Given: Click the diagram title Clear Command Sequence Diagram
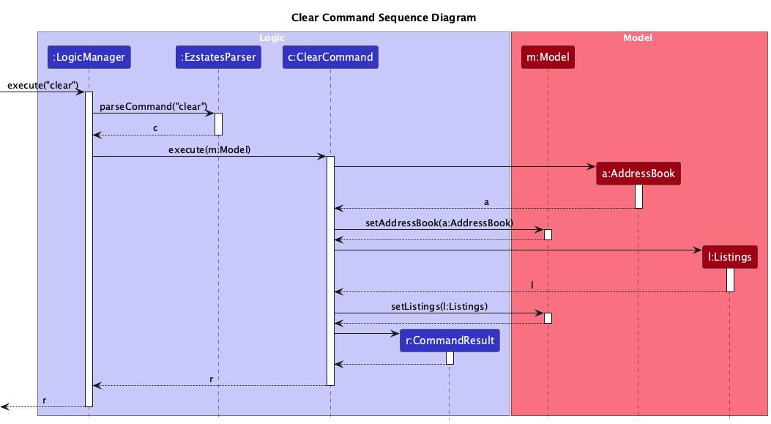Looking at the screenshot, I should tap(383, 18).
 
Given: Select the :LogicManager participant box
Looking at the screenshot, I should tap(89, 57).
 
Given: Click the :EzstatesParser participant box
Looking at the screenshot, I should tap(218, 57).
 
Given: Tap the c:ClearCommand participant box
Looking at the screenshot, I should tap(330, 57).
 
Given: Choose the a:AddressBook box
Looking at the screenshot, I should tap(638, 174).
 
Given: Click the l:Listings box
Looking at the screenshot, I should tap(729, 257).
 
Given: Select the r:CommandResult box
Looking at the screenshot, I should tap(449, 341).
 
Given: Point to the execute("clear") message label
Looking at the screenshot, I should tap(42, 85).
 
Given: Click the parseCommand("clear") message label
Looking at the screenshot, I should tap(153, 106).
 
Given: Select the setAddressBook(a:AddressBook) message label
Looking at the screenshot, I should tap(439, 222).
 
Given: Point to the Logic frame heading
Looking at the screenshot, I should tap(273, 37).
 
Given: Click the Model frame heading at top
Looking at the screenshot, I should tap(637, 37).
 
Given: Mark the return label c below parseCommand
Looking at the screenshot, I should tap(154, 127).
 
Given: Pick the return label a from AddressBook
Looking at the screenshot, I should tap(486, 201).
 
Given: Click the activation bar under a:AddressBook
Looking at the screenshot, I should tap(638, 196).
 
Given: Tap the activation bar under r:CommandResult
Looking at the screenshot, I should tap(450, 358).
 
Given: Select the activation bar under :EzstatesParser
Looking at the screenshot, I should tap(218, 124).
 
